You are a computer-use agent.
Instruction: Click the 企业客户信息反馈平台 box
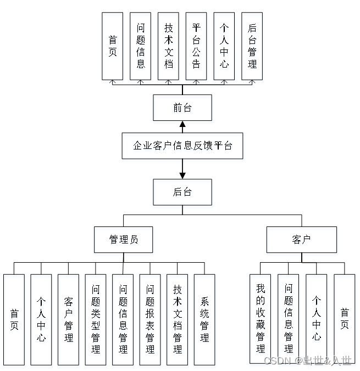[182, 146]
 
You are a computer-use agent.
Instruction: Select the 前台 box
[182, 108]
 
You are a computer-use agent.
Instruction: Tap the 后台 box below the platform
[182, 192]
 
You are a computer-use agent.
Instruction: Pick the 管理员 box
[123, 240]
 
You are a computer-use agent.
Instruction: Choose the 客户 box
[301, 240]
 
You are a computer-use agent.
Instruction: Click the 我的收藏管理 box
[261, 319]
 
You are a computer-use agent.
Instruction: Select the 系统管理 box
[204, 319]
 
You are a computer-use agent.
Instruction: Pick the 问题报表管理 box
[150, 319]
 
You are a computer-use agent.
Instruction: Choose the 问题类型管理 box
[96, 319]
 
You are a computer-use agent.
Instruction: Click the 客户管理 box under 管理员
[68, 319]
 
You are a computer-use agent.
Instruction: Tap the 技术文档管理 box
[177, 319]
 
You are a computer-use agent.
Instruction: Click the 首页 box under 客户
[345, 319]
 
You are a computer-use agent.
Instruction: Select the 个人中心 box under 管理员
[41, 319]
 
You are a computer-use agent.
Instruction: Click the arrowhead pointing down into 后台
[182, 175]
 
